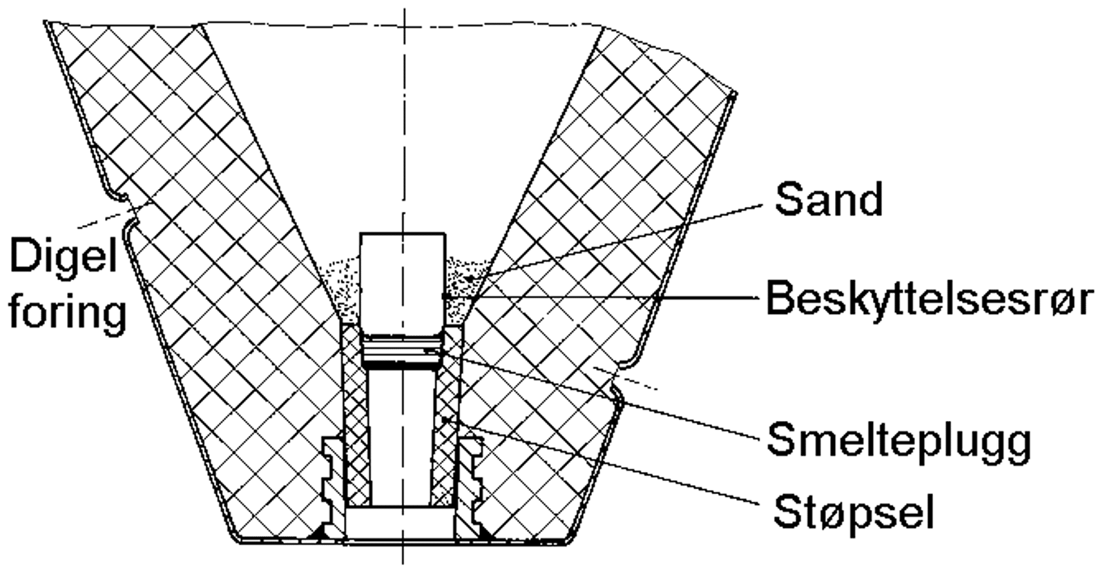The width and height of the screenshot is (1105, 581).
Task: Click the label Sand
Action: [828, 199]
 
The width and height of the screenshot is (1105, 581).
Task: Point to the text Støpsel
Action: [854, 513]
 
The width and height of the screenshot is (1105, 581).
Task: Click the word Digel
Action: [64, 255]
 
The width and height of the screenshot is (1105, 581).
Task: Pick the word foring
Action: [68, 313]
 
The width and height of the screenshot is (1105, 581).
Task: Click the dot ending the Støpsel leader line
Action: [446, 420]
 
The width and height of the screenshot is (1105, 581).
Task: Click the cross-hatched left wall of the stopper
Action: [356, 419]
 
